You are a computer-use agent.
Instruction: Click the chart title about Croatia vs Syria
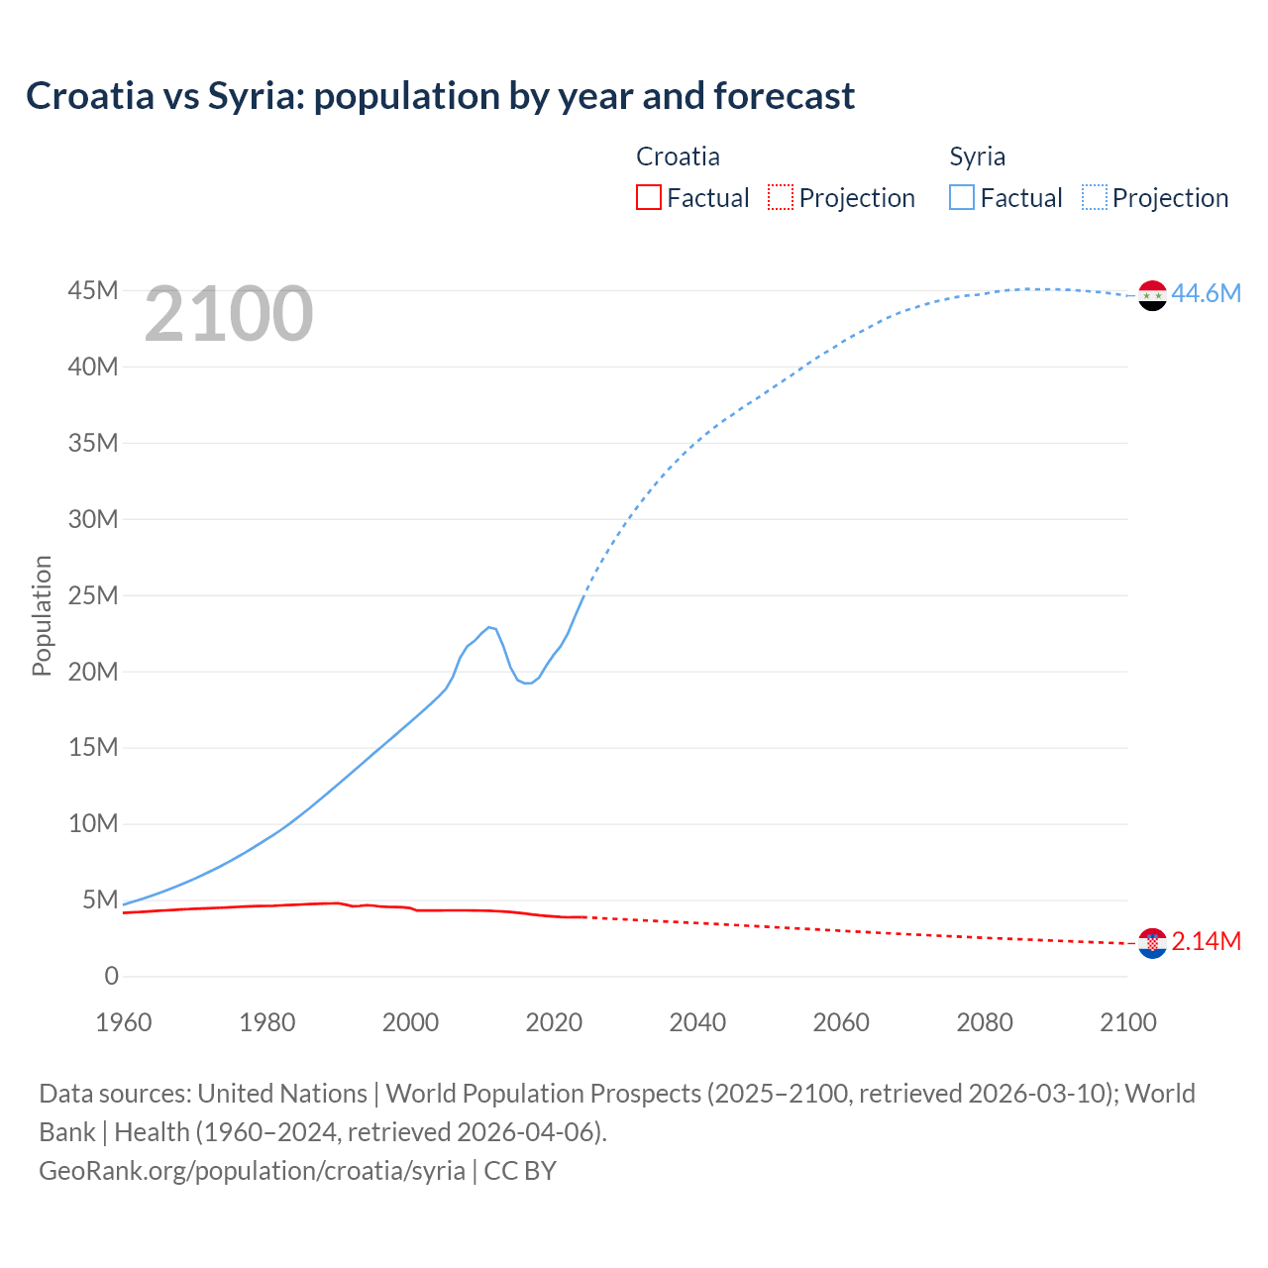[440, 96]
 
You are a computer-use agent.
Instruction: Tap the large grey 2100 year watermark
[229, 314]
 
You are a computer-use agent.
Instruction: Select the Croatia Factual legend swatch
[648, 197]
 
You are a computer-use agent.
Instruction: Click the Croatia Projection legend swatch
[781, 197]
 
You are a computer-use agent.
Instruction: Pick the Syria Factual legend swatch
[962, 197]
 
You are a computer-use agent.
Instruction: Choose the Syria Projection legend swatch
[1095, 197]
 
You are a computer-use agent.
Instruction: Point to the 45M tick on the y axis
[93, 290]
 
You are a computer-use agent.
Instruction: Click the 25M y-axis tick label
[93, 595]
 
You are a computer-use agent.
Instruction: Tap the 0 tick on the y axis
[111, 976]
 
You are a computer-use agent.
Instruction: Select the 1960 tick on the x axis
[124, 1022]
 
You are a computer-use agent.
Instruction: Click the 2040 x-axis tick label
[697, 1022]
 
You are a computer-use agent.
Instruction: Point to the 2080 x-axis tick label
[985, 1022]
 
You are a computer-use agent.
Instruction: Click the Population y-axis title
[42, 615]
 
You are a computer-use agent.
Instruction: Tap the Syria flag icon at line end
[1152, 295]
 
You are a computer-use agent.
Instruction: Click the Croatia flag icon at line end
[1152, 943]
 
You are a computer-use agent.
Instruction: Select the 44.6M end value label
[1206, 293]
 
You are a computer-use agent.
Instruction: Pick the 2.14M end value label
[1206, 941]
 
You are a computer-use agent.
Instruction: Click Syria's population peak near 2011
[489, 627]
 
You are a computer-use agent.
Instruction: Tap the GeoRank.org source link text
[252, 1170]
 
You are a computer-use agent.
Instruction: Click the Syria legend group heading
[977, 157]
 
